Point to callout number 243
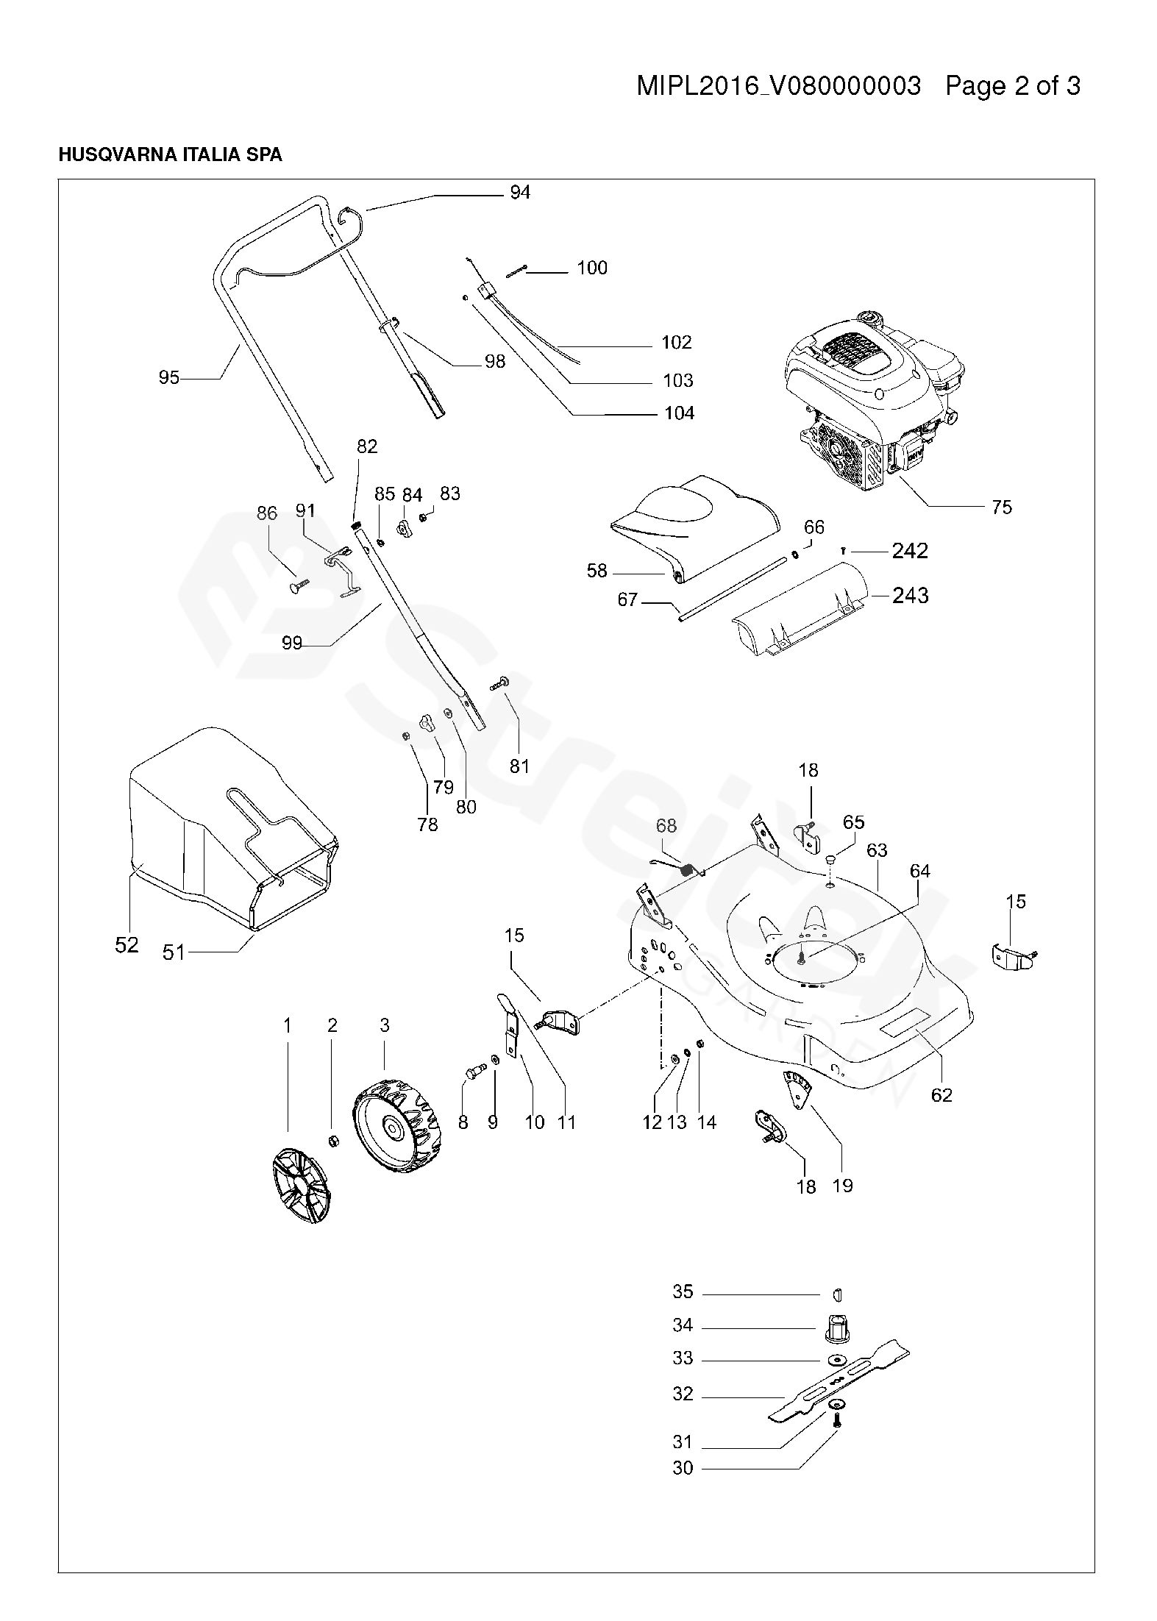tap(910, 595)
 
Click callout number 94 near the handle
tap(520, 193)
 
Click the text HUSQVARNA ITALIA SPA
tap(170, 155)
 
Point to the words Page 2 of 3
tap(1013, 86)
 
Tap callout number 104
tap(679, 413)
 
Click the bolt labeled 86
tap(297, 586)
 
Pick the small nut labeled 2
tap(332, 1141)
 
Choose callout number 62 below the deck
tap(941, 1095)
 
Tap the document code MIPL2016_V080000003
tap(778, 87)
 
